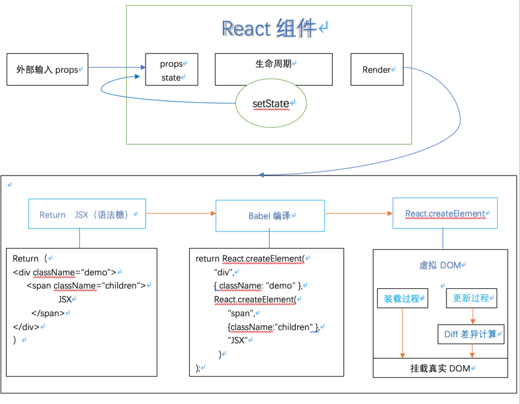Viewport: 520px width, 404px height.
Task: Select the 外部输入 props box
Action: [x=47, y=70]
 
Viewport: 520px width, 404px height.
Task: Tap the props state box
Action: [x=172, y=70]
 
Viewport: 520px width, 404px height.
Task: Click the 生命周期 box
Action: [x=274, y=64]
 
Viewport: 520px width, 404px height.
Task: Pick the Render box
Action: [x=376, y=70]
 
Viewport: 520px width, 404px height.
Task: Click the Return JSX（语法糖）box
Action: [x=87, y=214]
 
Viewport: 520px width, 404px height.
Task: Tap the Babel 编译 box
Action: [x=270, y=215]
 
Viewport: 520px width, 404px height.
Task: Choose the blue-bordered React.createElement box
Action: [x=445, y=213]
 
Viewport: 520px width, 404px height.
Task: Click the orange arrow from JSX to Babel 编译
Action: [x=180, y=213]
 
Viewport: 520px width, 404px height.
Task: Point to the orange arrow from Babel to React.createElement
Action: [x=358, y=213]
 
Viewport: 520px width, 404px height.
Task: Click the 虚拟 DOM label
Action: [x=441, y=265]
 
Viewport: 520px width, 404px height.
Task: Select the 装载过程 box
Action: [x=402, y=299]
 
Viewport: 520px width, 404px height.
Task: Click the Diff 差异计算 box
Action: [x=471, y=334]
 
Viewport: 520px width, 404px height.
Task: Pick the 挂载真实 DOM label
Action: [x=440, y=368]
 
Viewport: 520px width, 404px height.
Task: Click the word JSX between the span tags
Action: [x=65, y=300]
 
